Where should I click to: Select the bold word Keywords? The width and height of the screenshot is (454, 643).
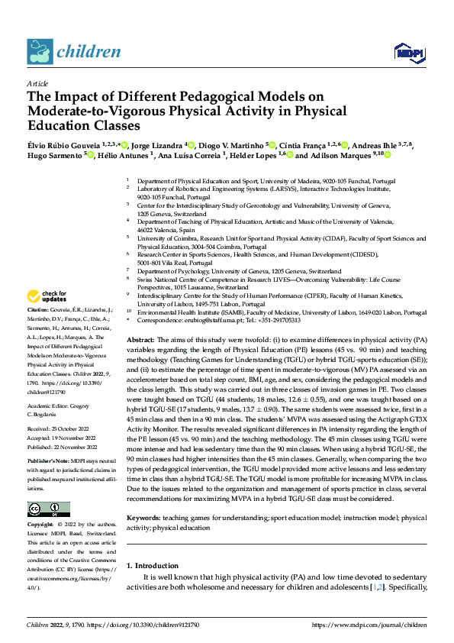(x=143, y=517)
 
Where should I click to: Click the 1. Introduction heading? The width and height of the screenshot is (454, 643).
(x=153, y=566)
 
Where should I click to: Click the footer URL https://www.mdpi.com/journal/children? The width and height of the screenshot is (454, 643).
(x=370, y=625)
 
